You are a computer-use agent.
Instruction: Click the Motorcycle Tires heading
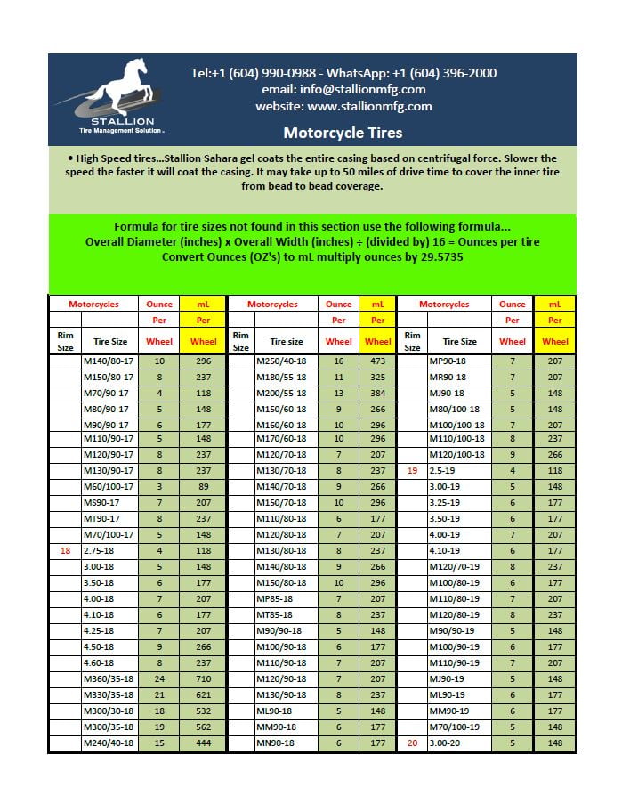[x=343, y=133]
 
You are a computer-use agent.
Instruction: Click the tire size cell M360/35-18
[x=109, y=679]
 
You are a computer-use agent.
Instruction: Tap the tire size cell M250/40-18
[x=281, y=361]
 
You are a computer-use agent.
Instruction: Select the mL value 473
[x=377, y=361]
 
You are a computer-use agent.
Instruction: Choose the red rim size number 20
[x=412, y=743]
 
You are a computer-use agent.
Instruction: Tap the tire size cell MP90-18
[x=448, y=361]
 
